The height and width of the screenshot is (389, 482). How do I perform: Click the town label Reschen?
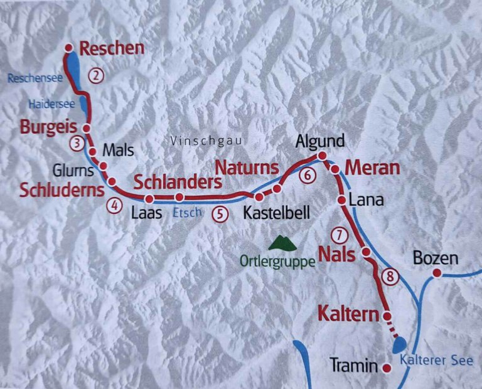(x=112, y=48)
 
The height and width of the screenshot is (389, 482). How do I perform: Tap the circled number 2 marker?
(x=95, y=76)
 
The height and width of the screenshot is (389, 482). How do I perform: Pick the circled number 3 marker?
(x=77, y=143)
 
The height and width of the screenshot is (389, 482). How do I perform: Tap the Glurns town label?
(x=74, y=170)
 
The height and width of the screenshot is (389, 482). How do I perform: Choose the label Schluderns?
(x=61, y=190)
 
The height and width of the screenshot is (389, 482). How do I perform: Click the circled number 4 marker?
(x=114, y=205)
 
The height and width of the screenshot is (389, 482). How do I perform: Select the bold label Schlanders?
(x=178, y=183)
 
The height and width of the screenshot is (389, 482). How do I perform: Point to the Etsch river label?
(x=186, y=213)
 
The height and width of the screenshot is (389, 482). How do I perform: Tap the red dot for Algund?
(x=322, y=156)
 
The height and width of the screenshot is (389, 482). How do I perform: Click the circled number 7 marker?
(x=338, y=236)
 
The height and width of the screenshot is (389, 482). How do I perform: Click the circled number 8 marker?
(x=390, y=276)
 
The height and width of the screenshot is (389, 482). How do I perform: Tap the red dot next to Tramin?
(x=387, y=367)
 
